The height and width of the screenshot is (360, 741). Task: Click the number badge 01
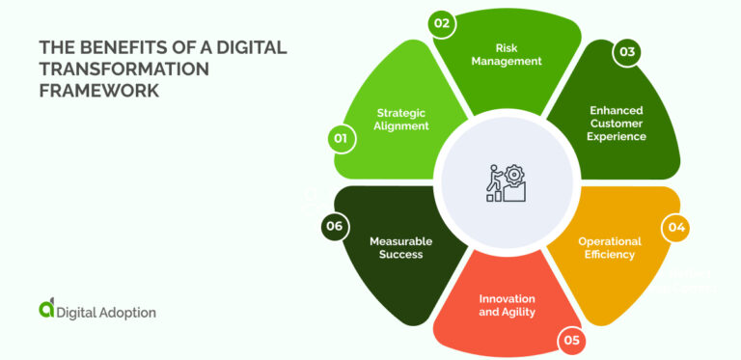coord(340,139)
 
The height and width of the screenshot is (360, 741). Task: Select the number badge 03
coord(627,52)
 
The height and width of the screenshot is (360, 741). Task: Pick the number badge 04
coord(675,229)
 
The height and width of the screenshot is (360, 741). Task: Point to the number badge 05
coord(570,339)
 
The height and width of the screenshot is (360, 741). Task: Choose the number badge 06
coord(334,227)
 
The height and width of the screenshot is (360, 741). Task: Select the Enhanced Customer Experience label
coord(617,123)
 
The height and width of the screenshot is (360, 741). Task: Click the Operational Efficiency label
coord(606,247)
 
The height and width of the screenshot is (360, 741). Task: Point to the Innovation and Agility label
coord(507,305)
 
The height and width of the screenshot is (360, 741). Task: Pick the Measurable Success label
coord(400,247)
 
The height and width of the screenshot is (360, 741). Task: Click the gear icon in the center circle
coord(514,177)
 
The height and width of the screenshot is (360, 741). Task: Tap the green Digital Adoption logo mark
coord(46,309)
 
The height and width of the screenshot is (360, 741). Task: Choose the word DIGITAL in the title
coord(238,47)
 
